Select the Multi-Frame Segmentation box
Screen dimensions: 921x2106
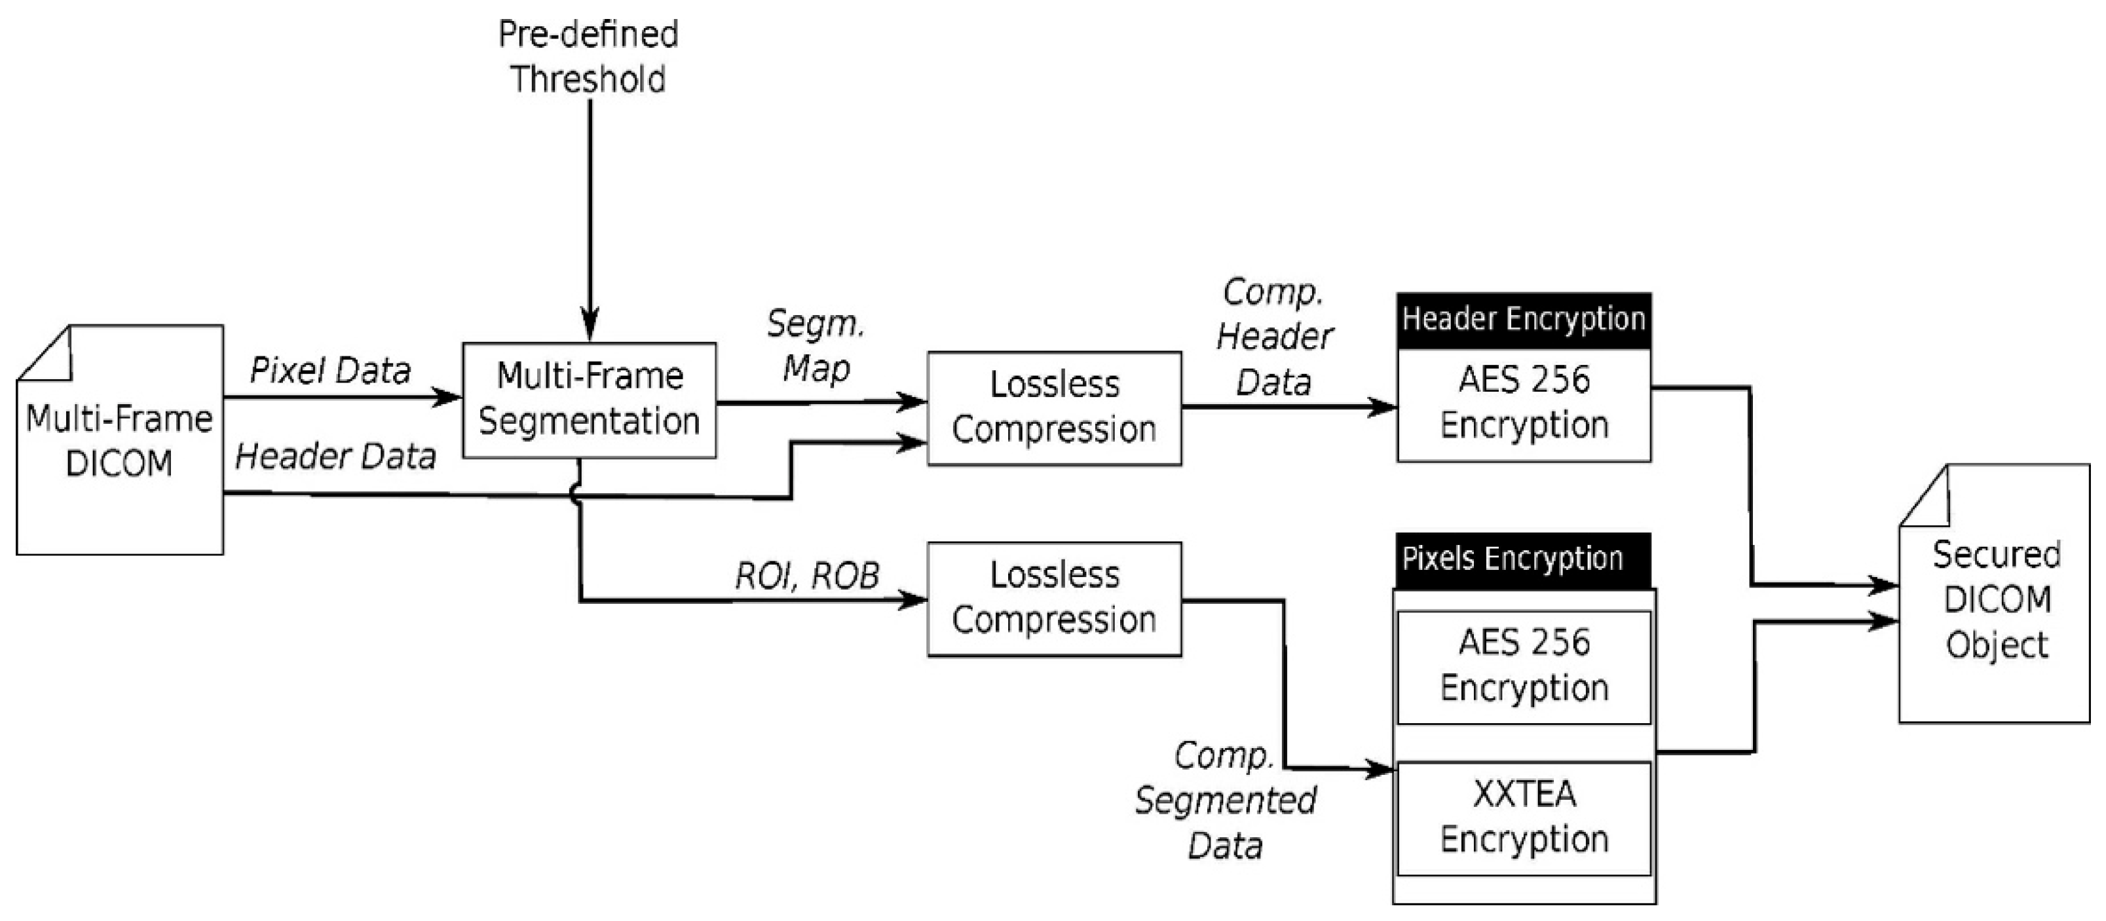pyautogui.click(x=589, y=400)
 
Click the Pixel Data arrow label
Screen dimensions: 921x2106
pyautogui.click(x=329, y=370)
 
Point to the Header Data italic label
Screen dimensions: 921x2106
pyautogui.click(x=335, y=456)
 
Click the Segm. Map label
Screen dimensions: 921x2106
pyautogui.click(x=815, y=346)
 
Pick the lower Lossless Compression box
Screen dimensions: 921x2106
pyautogui.click(x=1054, y=598)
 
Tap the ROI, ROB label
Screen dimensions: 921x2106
pyautogui.click(x=807, y=576)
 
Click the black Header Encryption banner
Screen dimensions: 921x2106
pyautogui.click(x=1523, y=320)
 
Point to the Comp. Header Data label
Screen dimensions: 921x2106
pyautogui.click(x=1273, y=337)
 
